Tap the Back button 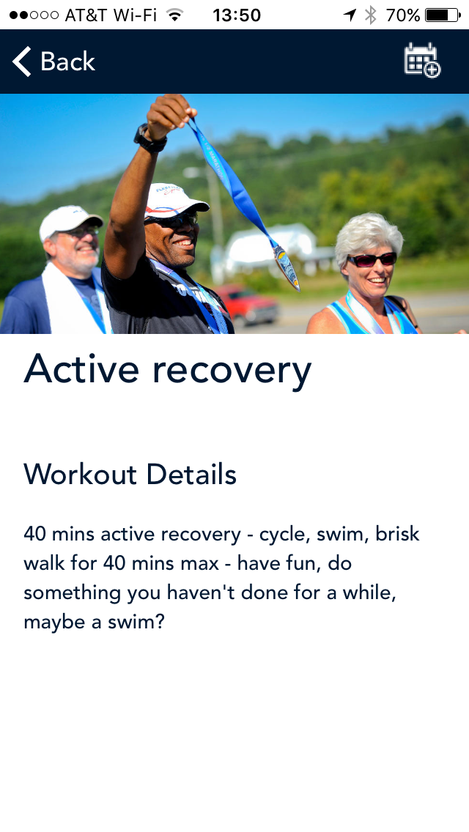click(x=53, y=62)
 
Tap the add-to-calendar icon click(x=422, y=61)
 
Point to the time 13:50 click(x=237, y=15)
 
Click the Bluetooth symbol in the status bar click(x=371, y=15)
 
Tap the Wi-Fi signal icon click(x=174, y=15)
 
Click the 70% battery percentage click(x=403, y=15)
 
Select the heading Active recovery click(x=167, y=369)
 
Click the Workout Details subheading click(x=130, y=474)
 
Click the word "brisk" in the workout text click(x=397, y=533)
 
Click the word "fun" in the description click(x=302, y=562)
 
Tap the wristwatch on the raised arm click(x=149, y=140)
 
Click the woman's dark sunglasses click(x=372, y=259)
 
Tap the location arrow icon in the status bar click(x=350, y=15)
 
